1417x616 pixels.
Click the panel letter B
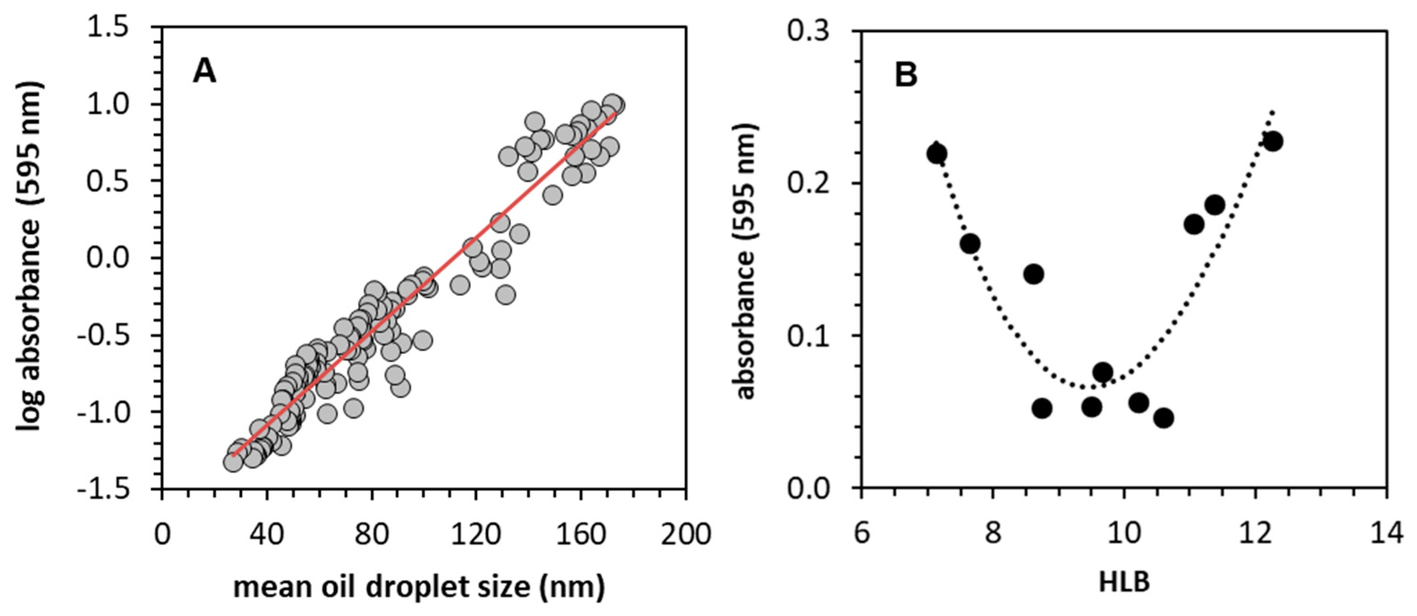click(906, 75)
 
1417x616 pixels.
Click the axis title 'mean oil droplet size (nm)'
click(419, 587)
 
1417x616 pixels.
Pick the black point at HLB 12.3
click(1273, 141)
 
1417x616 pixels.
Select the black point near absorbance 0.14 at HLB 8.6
click(1034, 273)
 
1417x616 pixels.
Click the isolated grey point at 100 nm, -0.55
click(423, 341)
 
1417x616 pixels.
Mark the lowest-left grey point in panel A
click(233, 462)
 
